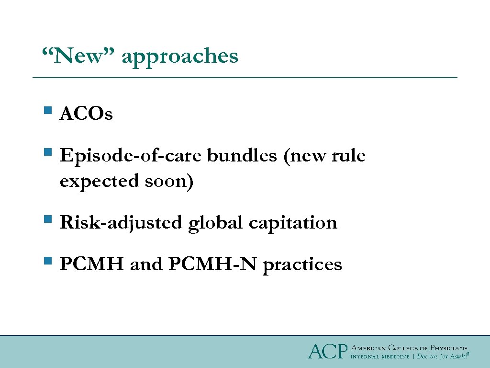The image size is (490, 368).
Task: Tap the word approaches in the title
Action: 180,57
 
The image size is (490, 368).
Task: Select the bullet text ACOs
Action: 86,115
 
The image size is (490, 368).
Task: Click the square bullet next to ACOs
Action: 47,112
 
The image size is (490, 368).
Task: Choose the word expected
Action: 99,182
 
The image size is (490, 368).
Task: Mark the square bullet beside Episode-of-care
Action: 47,153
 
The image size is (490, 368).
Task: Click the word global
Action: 216,223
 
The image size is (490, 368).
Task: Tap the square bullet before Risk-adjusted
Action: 47,220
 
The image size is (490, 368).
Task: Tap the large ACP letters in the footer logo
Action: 326,352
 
